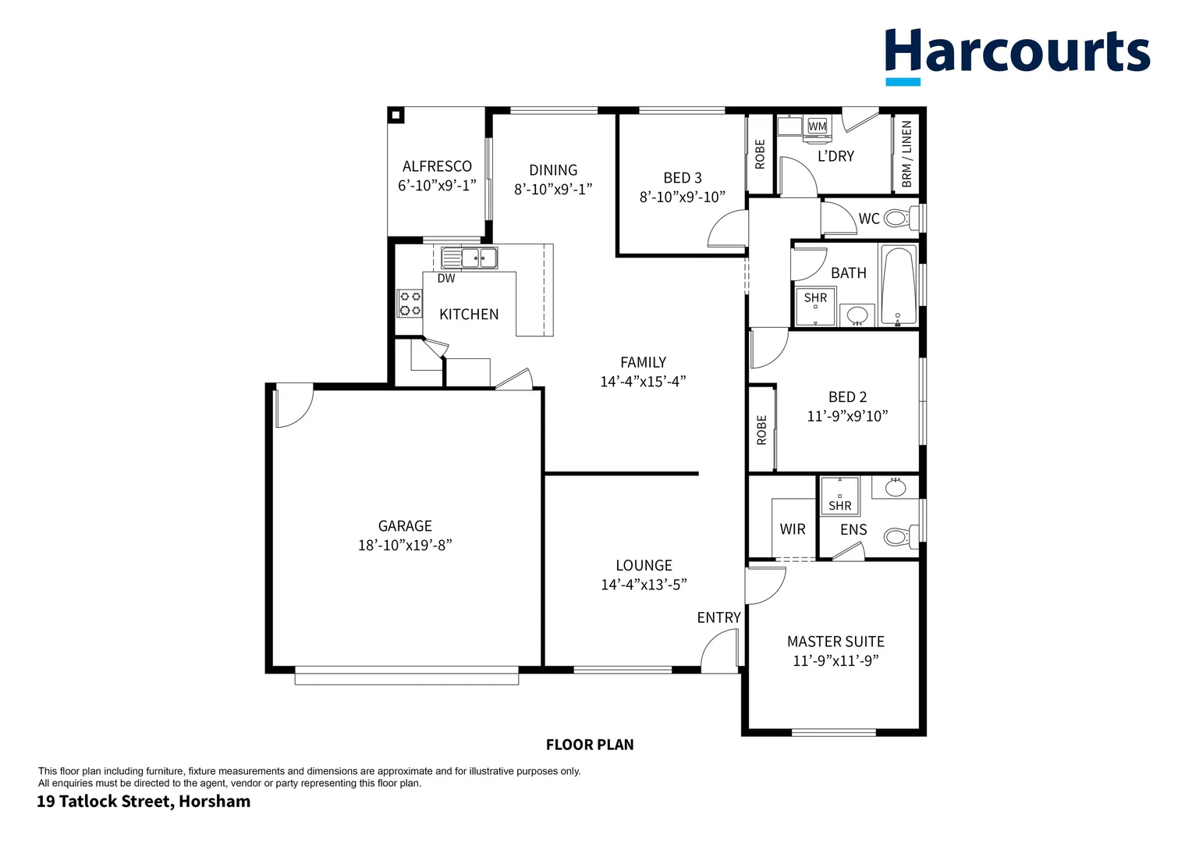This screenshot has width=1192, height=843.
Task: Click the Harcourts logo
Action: pyautogui.click(x=1017, y=55)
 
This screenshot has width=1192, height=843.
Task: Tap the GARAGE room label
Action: pyautogui.click(x=405, y=526)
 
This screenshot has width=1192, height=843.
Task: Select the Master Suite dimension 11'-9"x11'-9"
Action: pyautogui.click(x=835, y=661)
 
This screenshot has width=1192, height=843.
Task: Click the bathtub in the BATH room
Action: pyautogui.click(x=898, y=285)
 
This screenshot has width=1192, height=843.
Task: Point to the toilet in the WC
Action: pyautogui.click(x=899, y=218)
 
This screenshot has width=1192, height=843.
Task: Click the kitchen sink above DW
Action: pyautogui.click(x=469, y=257)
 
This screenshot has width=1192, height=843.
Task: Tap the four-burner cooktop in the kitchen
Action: pyautogui.click(x=410, y=304)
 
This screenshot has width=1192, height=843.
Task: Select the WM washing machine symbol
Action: pyautogui.click(x=817, y=127)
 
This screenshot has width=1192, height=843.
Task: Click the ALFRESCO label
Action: pyautogui.click(x=437, y=166)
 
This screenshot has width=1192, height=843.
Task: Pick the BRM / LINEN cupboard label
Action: pyautogui.click(x=906, y=154)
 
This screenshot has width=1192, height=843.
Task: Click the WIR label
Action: pyautogui.click(x=792, y=529)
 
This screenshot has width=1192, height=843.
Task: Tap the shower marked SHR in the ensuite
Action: pyautogui.click(x=840, y=496)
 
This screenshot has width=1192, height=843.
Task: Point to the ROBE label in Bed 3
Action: pyautogui.click(x=760, y=154)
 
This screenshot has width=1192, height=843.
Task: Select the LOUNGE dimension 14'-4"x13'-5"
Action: pyautogui.click(x=644, y=585)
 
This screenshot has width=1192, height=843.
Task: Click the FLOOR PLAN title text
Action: pyautogui.click(x=590, y=745)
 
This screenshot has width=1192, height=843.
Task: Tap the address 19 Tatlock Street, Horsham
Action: pyautogui.click(x=144, y=802)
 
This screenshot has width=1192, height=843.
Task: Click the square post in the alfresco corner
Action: pyautogui.click(x=396, y=116)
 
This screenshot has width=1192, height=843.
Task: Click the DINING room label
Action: pyautogui.click(x=553, y=170)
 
